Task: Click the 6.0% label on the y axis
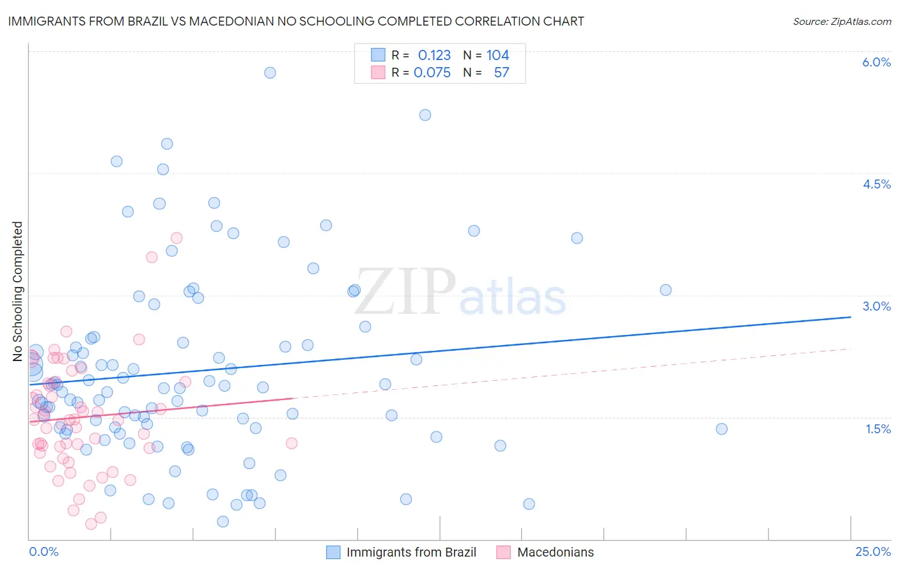(x=876, y=62)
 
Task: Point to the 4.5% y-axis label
(x=876, y=184)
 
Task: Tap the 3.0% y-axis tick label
(x=876, y=306)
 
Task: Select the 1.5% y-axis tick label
(x=878, y=429)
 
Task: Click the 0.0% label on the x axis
(x=43, y=551)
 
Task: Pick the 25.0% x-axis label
(x=873, y=551)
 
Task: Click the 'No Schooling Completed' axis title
(x=18, y=291)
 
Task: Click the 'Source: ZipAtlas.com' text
(x=841, y=21)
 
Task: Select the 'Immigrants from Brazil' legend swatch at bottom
(x=333, y=552)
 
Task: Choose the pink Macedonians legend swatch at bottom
(x=504, y=552)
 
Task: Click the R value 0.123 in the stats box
(x=434, y=56)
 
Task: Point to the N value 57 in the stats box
(x=501, y=73)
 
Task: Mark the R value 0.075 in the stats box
(x=432, y=73)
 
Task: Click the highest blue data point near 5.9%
(x=270, y=73)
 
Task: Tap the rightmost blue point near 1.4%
(x=721, y=429)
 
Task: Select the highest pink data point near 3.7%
(x=176, y=238)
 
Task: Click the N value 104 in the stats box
(x=497, y=56)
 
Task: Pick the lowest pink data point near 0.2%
(x=91, y=524)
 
